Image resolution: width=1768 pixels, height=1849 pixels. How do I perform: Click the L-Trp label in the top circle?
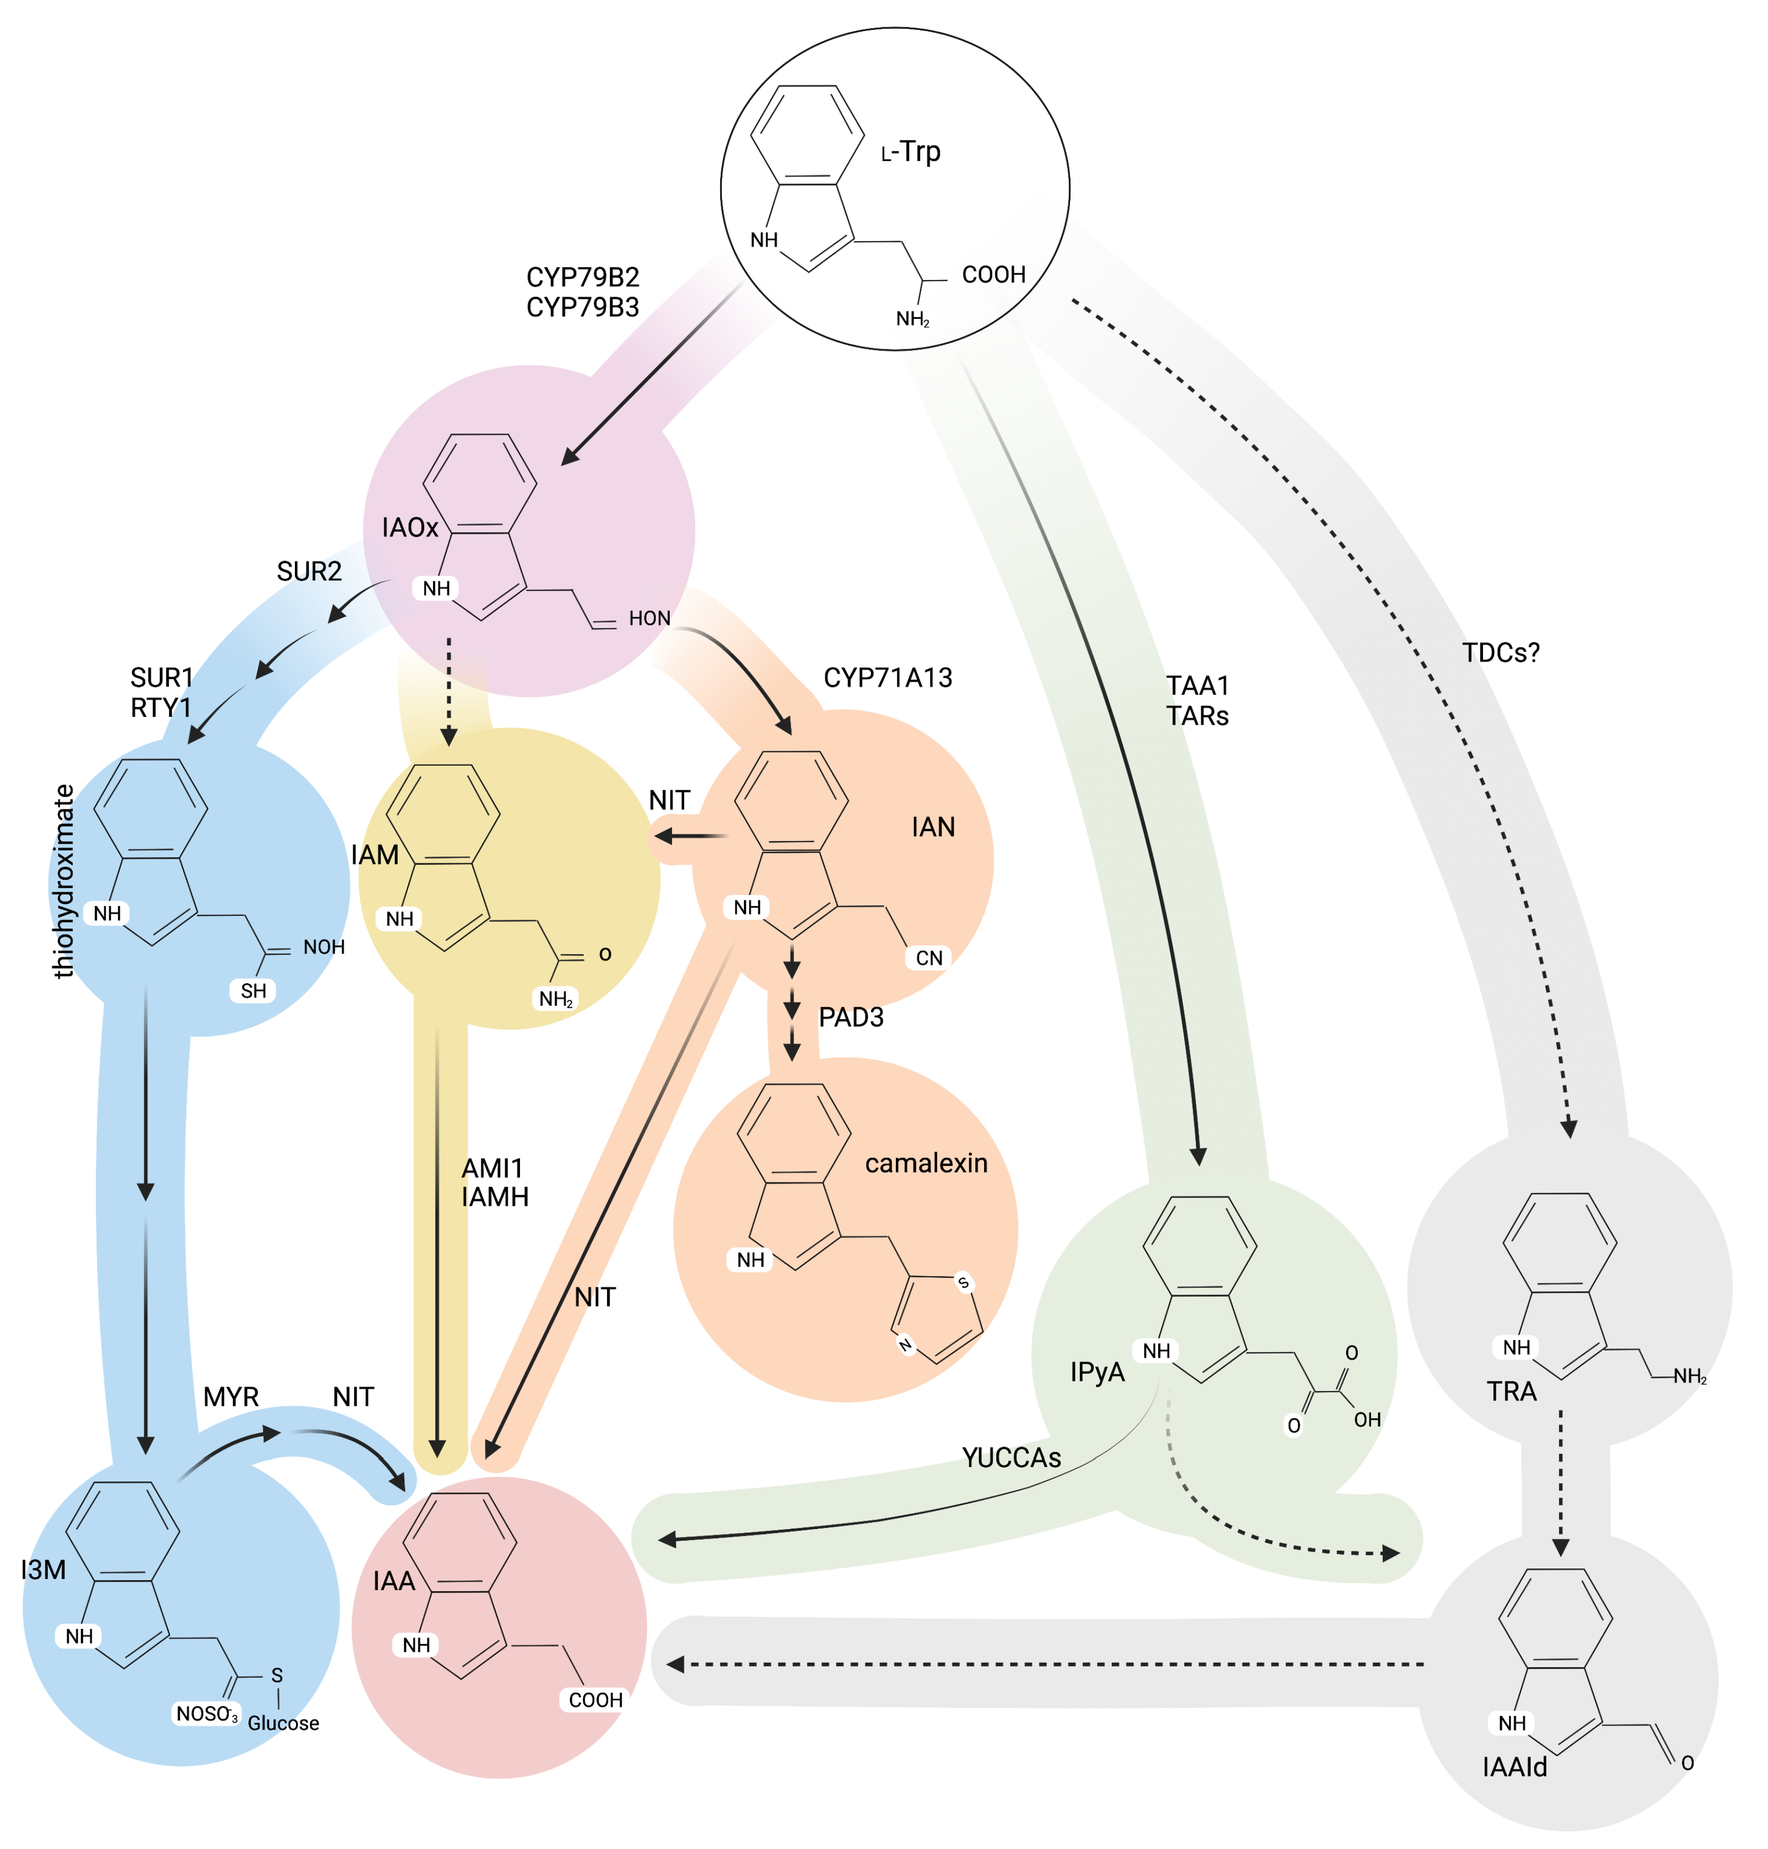(910, 152)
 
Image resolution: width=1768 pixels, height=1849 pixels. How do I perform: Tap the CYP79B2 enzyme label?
(583, 277)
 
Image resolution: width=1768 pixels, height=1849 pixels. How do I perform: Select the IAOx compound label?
(410, 528)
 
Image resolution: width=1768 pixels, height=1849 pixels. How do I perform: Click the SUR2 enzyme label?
(309, 571)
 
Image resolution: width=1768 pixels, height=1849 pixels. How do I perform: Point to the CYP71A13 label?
(888, 678)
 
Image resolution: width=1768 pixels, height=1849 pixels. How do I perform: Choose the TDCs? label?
(1500, 652)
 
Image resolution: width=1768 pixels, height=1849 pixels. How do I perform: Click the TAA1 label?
(1197, 685)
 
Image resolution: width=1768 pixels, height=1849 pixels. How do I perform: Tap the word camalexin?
(926, 1163)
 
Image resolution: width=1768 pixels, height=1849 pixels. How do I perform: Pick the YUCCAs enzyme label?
(1011, 1458)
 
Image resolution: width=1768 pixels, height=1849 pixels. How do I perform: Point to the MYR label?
(231, 1397)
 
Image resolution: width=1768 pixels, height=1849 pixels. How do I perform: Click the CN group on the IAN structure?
(929, 959)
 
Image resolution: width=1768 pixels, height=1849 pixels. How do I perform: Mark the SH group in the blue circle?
(253, 990)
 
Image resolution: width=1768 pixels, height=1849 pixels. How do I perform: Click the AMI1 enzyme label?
(492, 1169)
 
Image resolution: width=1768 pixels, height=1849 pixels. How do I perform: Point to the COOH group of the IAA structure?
(595, 1700)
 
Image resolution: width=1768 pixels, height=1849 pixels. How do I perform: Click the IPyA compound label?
(1097, 1372)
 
